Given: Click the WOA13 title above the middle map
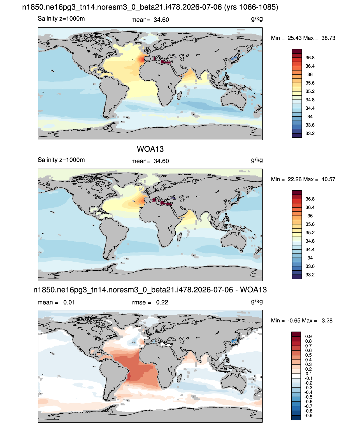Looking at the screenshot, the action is coord(150,149).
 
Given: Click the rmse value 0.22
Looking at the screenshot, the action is coord(162,302).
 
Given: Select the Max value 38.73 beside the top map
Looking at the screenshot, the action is coord(328,38).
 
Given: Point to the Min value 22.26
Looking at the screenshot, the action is coord(294,179).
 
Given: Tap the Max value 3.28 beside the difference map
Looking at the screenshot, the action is coord(327,320).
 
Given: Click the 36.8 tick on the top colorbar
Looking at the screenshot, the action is coord(310,58).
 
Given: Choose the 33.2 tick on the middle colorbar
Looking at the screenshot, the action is coord(310,275).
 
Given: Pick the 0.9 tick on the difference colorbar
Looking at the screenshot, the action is coord(308,336).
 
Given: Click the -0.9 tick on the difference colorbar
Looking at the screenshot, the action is coord(308,416).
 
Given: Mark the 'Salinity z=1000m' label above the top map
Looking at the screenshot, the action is coord(61,19).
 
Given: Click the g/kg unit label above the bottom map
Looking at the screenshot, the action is coord(257,301).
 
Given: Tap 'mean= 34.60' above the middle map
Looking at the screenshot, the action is coord(150,161).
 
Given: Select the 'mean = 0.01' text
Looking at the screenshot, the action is coord(56,302).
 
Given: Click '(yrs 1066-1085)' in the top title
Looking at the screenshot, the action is coord(251,7).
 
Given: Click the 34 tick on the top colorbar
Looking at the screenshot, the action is coord(310,116).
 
